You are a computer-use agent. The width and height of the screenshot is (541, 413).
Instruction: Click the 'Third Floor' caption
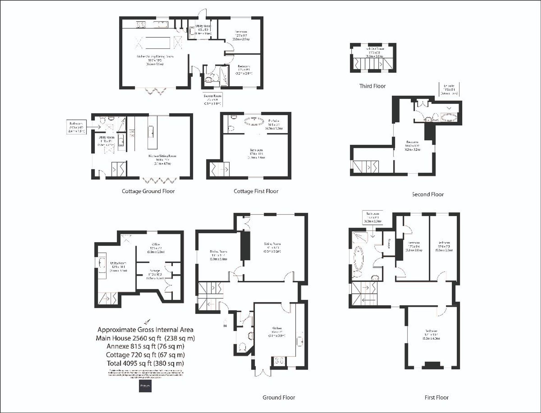(x=372, y=86)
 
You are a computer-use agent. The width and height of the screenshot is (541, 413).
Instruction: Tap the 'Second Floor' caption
(x=428, y=194)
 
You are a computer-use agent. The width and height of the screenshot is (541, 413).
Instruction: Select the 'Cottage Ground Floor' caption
(x=148, y=191)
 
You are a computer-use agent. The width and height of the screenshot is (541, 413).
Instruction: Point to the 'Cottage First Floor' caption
(x=256, y=191)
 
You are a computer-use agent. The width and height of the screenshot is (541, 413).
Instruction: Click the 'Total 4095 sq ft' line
(x=145, y=363)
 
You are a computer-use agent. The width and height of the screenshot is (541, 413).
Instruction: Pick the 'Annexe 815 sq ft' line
(x=145, y=346)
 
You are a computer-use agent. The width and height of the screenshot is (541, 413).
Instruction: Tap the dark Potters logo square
(x=145, y=386)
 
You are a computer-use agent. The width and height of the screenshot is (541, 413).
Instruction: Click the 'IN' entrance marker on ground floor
(x=225, y=326)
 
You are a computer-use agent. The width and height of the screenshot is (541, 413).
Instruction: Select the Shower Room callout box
(x=212, y=100)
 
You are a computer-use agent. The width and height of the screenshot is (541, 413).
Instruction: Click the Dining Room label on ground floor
(x=218, y=255)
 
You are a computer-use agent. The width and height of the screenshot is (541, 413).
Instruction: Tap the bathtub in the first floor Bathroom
(x=359, y=258)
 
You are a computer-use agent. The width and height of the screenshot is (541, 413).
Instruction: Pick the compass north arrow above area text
(x=147, y=321)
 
